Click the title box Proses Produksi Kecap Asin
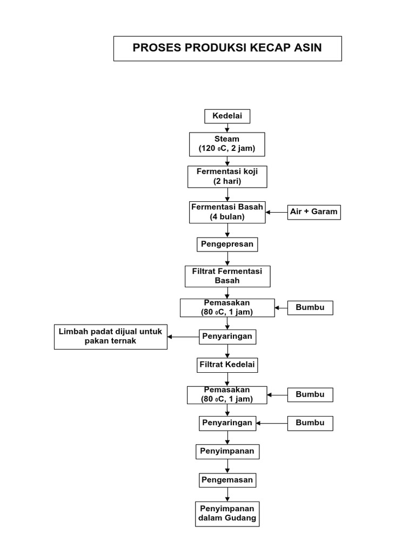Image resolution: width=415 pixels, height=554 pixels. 227,48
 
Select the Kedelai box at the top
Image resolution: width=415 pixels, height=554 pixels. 227,116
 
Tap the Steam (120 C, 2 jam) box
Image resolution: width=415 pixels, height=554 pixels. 227,144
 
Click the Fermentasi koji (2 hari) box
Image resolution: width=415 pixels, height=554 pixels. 227,177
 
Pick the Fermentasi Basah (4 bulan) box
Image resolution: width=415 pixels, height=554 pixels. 227,212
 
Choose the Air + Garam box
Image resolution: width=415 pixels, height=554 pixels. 313,212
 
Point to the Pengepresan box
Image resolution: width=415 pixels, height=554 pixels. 227,244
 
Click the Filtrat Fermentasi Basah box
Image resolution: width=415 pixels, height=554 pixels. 227,276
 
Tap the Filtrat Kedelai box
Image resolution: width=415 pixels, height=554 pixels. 227,365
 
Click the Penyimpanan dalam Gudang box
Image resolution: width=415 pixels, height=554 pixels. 227,513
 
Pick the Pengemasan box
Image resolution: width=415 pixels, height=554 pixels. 227,479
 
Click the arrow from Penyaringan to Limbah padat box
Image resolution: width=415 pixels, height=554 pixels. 184,337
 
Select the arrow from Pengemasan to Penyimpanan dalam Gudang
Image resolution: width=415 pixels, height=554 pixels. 227,494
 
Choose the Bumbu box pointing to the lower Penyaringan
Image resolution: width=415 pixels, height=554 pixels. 310,423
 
